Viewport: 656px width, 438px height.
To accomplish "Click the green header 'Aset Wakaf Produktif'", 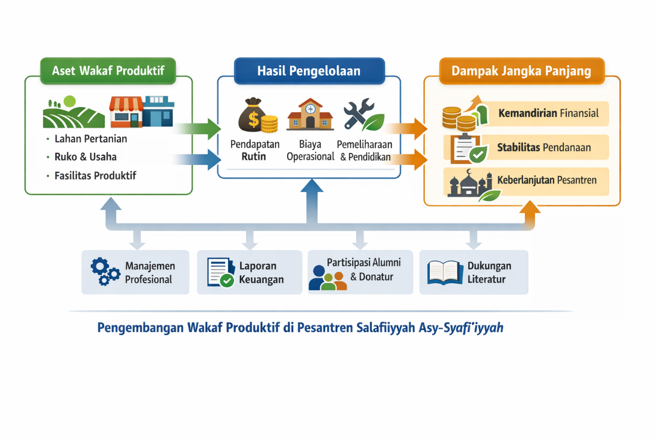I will pyautogui.click(x=108, y=70).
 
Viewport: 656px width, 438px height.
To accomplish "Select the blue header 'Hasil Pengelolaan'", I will pyautogui.click(x=309, y=70).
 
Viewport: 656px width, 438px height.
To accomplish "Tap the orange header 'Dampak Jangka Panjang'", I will pyautogui.click(x=521, y=71).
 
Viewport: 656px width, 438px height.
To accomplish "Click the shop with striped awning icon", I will pyautogui.click(x=126, y=112).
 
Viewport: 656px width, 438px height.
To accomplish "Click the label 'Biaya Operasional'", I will pyautogui.click(x=310, y=151).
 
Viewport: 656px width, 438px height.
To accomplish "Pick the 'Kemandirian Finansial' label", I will pyautogui.click(x=548, y=113).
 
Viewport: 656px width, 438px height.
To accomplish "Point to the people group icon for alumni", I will pyautogui.click(x=327, y=278).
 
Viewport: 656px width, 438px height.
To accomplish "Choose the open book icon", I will pyautogui.click(x=444, y=272).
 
